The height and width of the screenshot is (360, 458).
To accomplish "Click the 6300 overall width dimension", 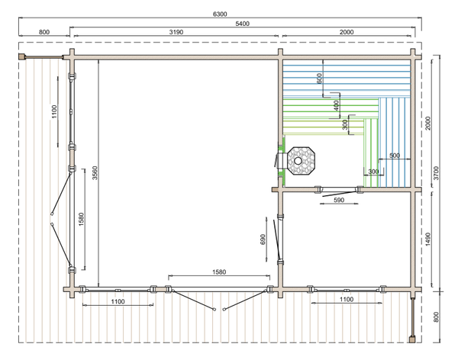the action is pyautogui.click(x=220, y=14).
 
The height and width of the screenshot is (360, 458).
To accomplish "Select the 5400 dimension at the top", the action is pyautogui.click(x=243, y=24).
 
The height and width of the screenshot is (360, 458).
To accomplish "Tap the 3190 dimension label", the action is pyautogui.click(x=176, y=32).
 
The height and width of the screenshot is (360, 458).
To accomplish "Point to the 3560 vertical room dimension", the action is pyautogui.click(x=95, y=173).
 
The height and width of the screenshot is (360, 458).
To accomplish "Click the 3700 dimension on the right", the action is pyautogui.click(x=436, y=173).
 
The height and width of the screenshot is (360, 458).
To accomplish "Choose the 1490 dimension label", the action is pyautogui.click(x=428, y=239).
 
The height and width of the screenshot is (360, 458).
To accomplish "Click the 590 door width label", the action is pyautogui.click(x=339, y=200).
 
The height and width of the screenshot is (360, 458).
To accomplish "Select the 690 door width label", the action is pyautogui.click(x=263, y=239).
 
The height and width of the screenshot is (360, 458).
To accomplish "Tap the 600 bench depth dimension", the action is pyautogui.click(x=319, y=79).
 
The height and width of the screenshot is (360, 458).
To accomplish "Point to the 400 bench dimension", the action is pyautogui.click(x=336, y=106).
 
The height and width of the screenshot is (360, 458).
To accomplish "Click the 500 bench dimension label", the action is pyautogui.click(x=395, y=156).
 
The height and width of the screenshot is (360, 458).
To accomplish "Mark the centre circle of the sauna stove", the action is pyautogui.click(x=298, y=161).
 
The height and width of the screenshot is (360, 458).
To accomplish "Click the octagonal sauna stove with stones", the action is pyautogui.click(x=302, y=161).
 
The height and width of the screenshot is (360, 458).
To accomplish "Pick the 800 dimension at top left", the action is pyautogui.click(x=44, y=32).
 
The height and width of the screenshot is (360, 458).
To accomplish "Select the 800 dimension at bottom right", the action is pyautogui.click(x=436, y=317).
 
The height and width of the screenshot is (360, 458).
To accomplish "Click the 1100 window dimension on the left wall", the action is pyautogui.click(x=54, y=112).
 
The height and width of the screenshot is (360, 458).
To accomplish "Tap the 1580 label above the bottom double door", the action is pyautogui.click(x=219, y=272).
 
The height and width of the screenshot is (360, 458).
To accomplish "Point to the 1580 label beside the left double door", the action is pyautogui.click(x=81, y=219).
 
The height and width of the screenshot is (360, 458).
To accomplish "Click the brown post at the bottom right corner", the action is pyautogui.click(x=412, y=339).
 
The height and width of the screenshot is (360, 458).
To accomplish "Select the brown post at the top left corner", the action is pyautogui.click(x=21, y=56).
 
